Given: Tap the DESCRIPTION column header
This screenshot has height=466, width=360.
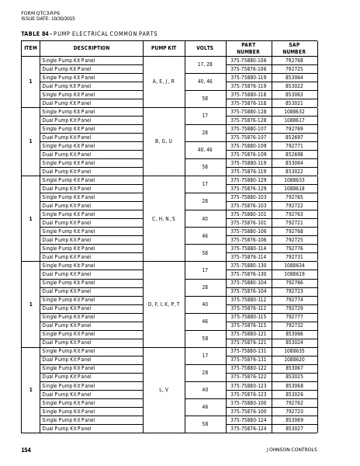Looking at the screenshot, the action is coord(92,47).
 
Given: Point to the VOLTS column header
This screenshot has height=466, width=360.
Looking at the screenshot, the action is coord(205,47).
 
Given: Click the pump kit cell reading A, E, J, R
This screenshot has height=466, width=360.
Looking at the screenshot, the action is coord(164,81).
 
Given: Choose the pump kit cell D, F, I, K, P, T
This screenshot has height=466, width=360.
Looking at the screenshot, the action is coord(164,304).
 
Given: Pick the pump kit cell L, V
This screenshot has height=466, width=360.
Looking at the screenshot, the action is coord(164,388).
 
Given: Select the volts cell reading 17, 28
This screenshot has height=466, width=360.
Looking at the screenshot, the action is coord(205,64).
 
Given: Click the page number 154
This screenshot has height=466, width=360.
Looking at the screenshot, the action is coord(26,449).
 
